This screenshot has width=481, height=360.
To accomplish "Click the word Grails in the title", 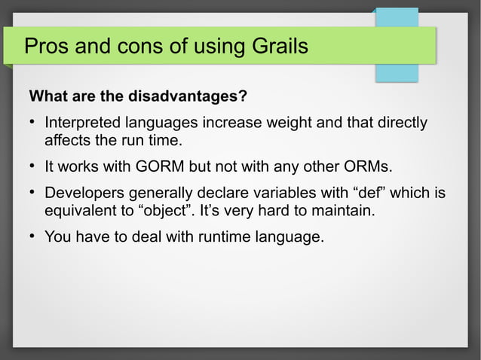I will [276, 47].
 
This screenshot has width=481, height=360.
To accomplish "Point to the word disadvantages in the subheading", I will [185, 98].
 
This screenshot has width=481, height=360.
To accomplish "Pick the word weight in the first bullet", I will [299, 123].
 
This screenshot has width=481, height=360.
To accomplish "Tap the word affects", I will [67, 141].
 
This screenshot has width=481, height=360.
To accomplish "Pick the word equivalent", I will [81, 212].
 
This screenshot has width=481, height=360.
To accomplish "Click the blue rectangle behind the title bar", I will [398, 71].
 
